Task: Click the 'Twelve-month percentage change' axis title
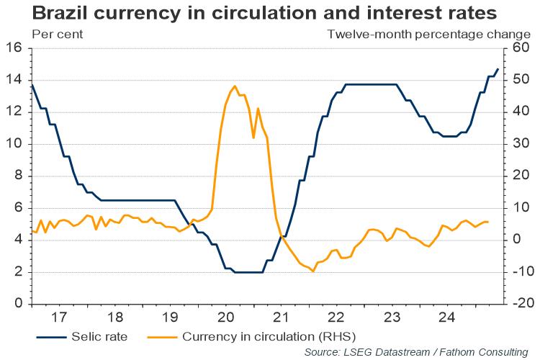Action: [428, 34]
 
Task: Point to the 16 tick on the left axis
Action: [14, 49]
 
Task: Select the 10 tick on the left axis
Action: [14, 144]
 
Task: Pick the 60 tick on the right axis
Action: [522, 49]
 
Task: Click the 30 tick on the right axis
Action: [522, 144]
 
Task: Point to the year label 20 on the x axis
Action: [225, 317]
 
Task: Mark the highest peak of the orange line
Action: [235, 86]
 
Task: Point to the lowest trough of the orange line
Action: [313, 271]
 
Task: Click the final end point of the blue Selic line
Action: [498, 69]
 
